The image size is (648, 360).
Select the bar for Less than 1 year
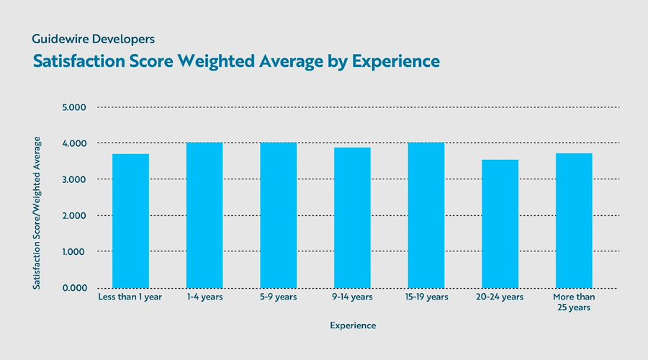pyautogui.click(x=130, y=221)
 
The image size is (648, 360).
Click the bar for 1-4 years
pyautogui.click(x=204, y=215)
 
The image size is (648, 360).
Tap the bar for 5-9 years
pyautogui.click(x=278, y=215)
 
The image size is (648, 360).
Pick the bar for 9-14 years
pyautogui.click(x=352, y=217)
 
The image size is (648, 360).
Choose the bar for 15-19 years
pyautogui.click(x=426, y=215)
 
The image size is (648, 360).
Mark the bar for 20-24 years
pyautogui.click(x=500, y=224)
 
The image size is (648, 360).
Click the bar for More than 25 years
pyautogui.click(x=574, y=220)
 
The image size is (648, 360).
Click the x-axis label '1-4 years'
pyautogui.click(x=204, y=297)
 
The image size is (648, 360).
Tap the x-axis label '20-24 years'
pyautogui.click(x=500, y=297)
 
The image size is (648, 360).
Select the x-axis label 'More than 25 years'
pyautogui.click(x=574, y=302)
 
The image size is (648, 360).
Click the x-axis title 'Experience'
pyautogui.click(x=353, y=325)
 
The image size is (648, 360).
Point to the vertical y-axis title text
pyautogui.click(x=37, y=214)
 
